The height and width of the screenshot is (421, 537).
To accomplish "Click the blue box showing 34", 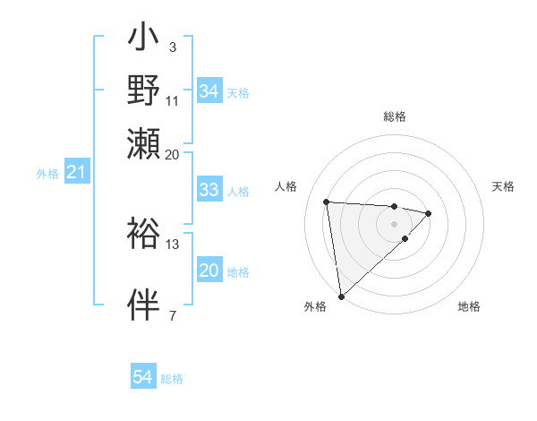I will pos(209,91).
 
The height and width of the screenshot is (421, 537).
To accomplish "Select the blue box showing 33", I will pos(209,190).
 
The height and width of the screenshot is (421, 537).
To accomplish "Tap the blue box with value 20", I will pos(209,271).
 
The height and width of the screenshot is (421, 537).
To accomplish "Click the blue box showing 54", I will pos(143,377).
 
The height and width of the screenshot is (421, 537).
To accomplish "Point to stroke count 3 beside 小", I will pos(172,47).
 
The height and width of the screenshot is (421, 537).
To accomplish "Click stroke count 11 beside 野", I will pos(172,100).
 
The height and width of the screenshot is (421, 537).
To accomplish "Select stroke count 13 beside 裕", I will pos(173,244).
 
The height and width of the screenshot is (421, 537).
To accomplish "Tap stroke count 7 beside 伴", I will pos(172,314).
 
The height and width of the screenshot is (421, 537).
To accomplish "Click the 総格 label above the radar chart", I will pos(395,116).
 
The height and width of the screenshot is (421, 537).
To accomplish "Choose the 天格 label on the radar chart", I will pos(503,186).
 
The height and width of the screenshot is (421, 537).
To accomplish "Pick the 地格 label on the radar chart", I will pos(469,306).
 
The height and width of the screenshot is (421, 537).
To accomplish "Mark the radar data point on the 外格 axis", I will pos(341,296).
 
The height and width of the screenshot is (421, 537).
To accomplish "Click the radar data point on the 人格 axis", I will pos(327,201).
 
